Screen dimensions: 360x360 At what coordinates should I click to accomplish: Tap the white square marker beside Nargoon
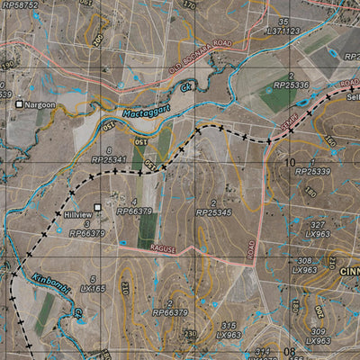coord(18,105)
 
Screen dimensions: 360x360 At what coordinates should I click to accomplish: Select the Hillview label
coord(78,216)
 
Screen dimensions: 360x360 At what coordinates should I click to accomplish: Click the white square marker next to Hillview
coord(98,207)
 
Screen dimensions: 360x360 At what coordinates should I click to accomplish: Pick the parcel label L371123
coord(283,31)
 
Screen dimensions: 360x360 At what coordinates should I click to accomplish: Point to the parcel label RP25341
coord(109,159)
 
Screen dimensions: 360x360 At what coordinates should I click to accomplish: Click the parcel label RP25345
coord(213,212)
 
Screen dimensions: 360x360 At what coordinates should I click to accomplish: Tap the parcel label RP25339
coord(312,171)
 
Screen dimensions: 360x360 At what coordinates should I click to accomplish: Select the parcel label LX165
coord(92,289)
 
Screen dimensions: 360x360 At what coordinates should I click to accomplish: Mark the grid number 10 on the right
coord(290,162)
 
